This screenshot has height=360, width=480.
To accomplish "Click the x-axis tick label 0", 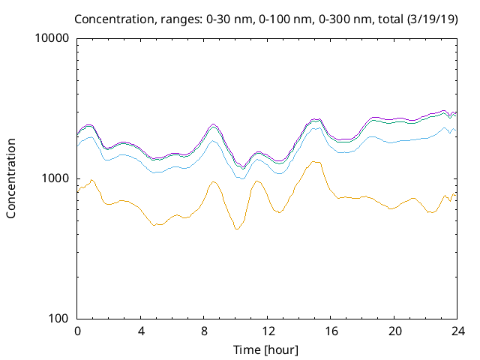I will click(x=77, y=331).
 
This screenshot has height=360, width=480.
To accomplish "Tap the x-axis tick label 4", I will click(x=141, y=331).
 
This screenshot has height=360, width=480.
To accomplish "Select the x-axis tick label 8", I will click(x=204, y=331).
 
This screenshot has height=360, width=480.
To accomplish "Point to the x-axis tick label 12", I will click(x=268, y=331).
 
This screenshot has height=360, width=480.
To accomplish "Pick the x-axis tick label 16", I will click(x=331, y=331).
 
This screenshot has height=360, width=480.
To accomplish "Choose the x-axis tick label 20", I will click(x=395, y=331).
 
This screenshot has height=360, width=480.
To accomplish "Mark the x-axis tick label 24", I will click(x=458, y=331).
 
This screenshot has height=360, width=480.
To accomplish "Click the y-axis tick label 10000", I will click(x=53, y=39).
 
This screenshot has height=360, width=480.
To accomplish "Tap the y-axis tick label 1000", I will click(x=56, y=178).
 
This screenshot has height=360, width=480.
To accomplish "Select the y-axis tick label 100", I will click(x=59, y=318).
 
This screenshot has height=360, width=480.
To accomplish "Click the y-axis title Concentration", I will click(x=11, y=178).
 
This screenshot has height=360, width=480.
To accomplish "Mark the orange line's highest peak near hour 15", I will click(x=316, y=161).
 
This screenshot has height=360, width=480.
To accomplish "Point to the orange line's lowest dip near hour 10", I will click(x=237, y=229).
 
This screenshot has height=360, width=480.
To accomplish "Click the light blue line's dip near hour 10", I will click(x=241, y=178).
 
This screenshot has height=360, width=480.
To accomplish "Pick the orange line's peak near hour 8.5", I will click(x=214, y=181).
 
